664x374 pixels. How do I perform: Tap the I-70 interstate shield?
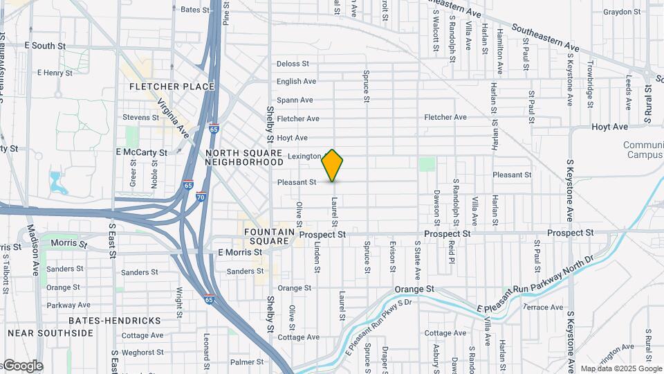click(x=201, y=196)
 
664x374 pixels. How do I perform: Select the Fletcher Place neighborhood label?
click(x=172, y=87)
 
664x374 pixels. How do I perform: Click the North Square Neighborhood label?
click(x=244, y=157)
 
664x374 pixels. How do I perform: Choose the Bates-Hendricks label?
click(x=115, y=321)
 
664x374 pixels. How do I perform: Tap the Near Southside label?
click(x=50, y=333)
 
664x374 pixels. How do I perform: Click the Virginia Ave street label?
click(x=173, y=116)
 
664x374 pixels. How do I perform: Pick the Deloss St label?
click(x=293, y=64)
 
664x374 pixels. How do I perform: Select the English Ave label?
click(x=297, y=82)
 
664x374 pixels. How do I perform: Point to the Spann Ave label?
click(x=295, y=100)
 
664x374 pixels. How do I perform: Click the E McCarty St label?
click(x=142, y=152)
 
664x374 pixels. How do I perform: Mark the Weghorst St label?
click(x=142, y=353)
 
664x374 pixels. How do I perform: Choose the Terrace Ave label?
click(x=543, y=307)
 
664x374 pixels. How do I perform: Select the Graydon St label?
click(x=622, y=12)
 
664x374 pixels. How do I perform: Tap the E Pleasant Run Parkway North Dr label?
click(x=536, y=285)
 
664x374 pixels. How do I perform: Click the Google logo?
click(x=22, y=366)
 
